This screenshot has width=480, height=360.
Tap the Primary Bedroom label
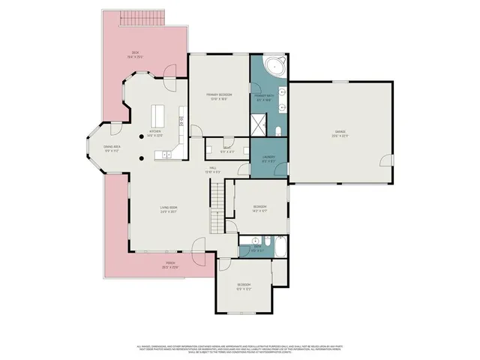(x=219, y=96)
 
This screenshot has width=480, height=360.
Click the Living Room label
(x=167, y=209)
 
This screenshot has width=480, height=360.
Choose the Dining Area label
(x=112, y=149)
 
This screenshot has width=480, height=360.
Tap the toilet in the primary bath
(x=277, y=132)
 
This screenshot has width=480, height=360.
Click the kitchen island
(x=158, y=116)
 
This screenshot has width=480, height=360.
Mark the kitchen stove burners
(x=181, y=119)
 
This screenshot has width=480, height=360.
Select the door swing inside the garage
(x=385, y=160)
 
